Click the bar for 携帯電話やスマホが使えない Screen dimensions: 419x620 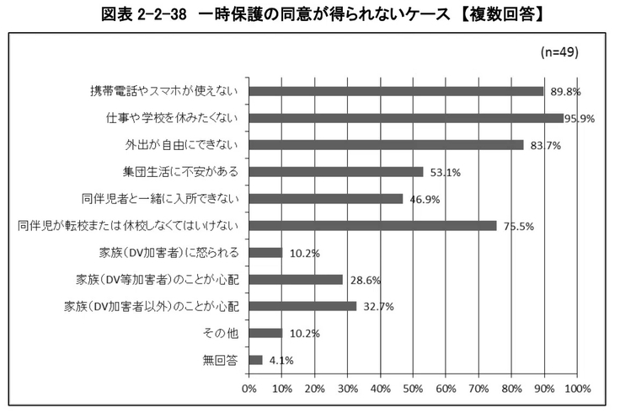396,91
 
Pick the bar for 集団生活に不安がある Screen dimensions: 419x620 336,172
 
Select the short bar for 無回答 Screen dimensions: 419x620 256,360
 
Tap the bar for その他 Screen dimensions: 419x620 265,333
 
